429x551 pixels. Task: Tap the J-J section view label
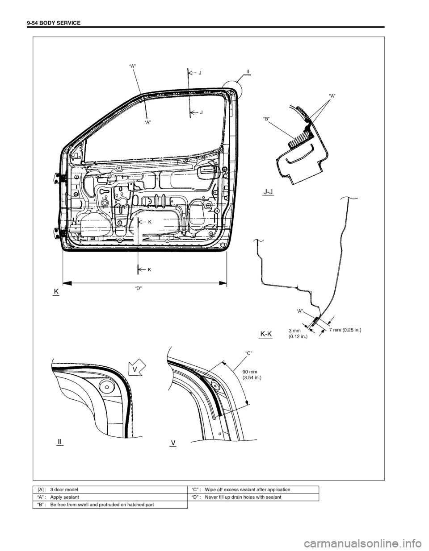click(x=269, y=192)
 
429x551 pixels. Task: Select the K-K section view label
click(x=266, y=333)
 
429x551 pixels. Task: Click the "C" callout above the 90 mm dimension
click(x=249, y=353)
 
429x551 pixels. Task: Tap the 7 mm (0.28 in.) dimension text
click(x=345, y=330)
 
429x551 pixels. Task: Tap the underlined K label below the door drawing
click(x=56, y=291)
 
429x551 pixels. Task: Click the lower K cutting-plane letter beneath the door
click(x=149, y=269)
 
